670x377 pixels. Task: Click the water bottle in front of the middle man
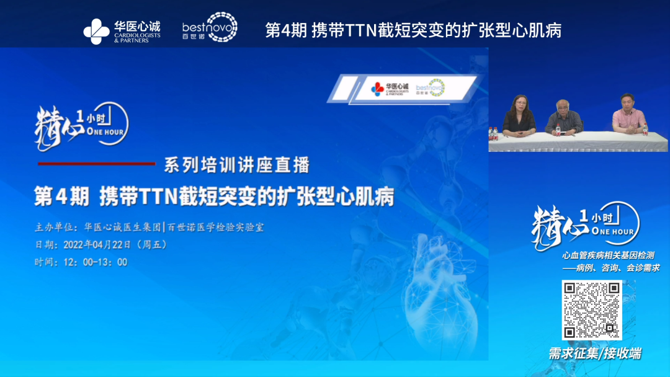[x=556, y=131]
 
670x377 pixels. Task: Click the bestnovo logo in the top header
[x=210, y=27]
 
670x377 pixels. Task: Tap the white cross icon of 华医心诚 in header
[x=96, y=32]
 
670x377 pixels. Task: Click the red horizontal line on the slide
[x=96, y=164]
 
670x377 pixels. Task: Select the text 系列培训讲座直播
[x=236, y=166]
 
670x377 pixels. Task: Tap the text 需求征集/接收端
[x=594, y=353]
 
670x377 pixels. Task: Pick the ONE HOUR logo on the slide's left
[x=81, y=126]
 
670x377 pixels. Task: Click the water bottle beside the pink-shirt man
[x=645, y=129]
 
